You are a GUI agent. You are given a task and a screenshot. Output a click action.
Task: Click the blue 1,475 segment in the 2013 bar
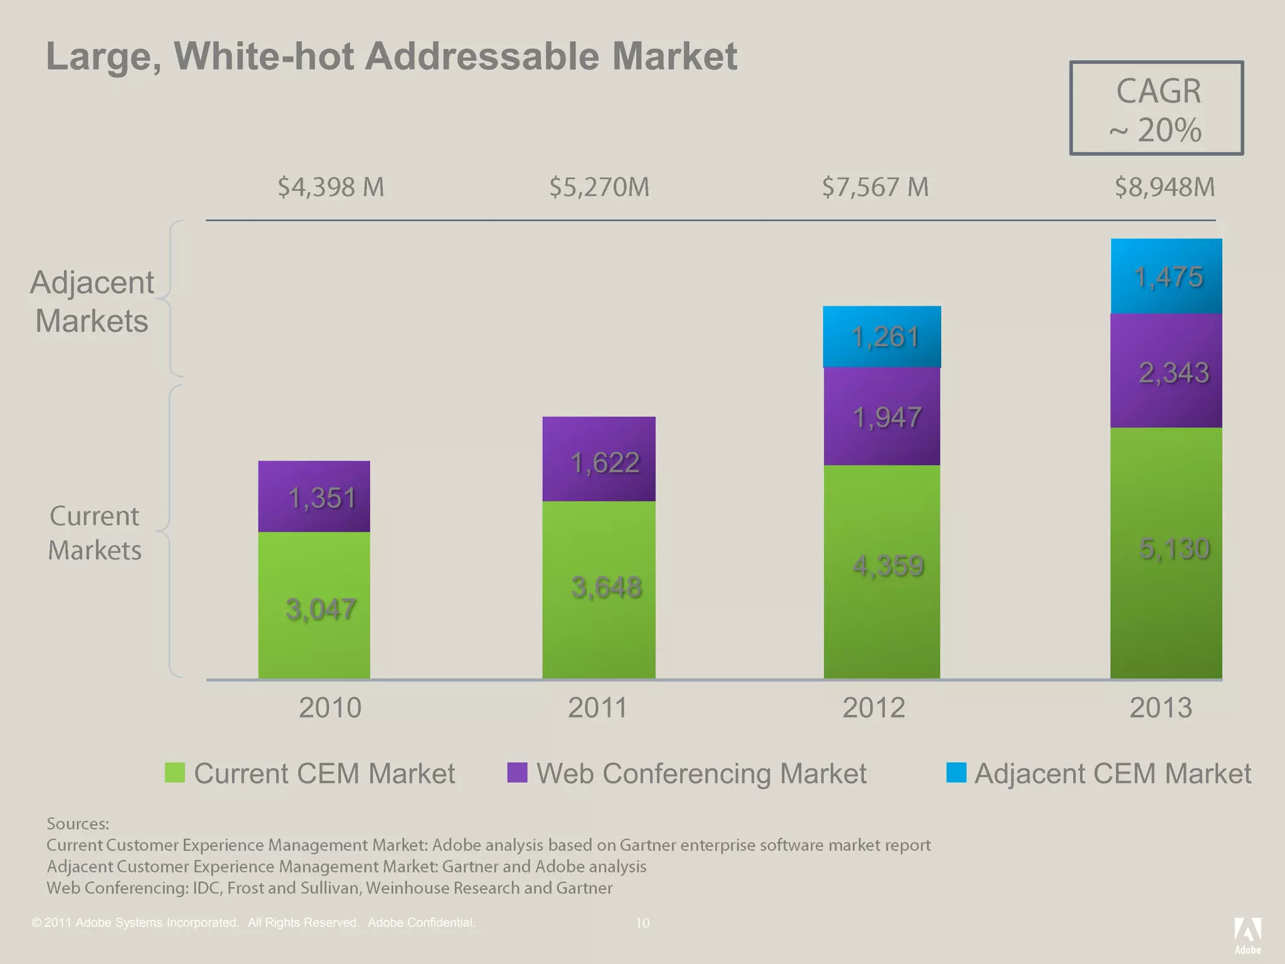pyautogui.click(x=1166, y=276)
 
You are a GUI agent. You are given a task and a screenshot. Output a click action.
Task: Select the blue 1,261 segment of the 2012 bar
pyautogui.click(x=882, y=337)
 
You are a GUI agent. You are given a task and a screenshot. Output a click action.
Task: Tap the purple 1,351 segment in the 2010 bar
pyautogui.click(x=314, y=496)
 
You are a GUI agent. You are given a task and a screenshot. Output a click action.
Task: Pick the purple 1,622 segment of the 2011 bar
pyautogui.click(x=599, y=459)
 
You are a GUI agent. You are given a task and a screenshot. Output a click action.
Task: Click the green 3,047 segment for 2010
pyautogui.click(x=314, y=606)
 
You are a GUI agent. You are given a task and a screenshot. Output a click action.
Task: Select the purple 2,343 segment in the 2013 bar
pyautogui.click(x=1166, y=371)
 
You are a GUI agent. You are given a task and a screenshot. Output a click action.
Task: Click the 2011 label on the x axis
pyautogui.click(x=597, y=708)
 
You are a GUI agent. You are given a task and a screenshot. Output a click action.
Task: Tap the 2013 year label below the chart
pyautogui.click(x=1160, y=708)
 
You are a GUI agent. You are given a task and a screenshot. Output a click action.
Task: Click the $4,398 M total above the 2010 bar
pyautogui.click(x=331, y=187)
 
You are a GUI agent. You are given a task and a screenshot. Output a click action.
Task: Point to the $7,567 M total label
pyautogui.click(x=875, y=187)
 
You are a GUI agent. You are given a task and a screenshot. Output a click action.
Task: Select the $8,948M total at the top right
pyautogui.click(x=1165, y=187)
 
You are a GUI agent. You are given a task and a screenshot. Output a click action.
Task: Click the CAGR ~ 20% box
pyautogui.click(x=1156, y=109)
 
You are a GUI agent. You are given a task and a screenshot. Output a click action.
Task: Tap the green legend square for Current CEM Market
pyautogui.click(x=175, y=773)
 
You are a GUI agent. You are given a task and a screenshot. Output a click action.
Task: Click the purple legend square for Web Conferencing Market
pyautogui.click(x=517, y=773)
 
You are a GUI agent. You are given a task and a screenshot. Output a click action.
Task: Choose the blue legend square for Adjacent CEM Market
pyautogui.click(x=956, y=773)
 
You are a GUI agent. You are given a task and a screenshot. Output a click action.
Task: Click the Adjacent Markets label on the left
pyautogui.click(x=92, y=301)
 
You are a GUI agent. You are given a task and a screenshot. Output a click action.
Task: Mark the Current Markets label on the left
pyautogui.click(x=95, y=533)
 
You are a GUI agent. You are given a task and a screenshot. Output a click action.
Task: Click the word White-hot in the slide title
pyautogui.click(x=264, y=56)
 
